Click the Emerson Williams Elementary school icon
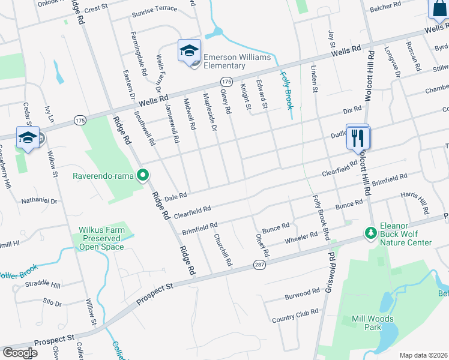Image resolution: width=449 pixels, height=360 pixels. (188, 51)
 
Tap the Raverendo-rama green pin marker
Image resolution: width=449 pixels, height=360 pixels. (143, 176)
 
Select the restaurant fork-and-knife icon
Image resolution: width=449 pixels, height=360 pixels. (358, 138)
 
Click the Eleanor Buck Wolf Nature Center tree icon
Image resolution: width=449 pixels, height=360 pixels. (370, 232)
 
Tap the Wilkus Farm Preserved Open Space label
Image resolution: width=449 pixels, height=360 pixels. (101, 238)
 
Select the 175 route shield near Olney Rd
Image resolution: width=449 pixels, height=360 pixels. (226, 81)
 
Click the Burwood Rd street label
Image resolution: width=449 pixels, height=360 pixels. (303, 294)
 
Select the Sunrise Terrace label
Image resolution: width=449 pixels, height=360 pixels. (154, 8)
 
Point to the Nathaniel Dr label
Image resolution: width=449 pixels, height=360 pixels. (39, 201)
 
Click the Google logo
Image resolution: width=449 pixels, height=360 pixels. (20, 353)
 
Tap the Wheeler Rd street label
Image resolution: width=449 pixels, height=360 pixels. (300, 238)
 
